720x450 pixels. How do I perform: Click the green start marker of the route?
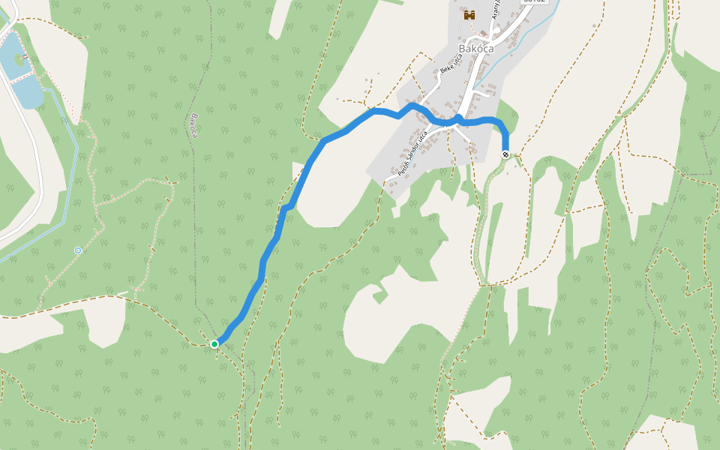(214, 343)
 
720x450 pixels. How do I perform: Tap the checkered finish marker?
(506, 154)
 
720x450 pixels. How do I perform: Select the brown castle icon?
(470, 14)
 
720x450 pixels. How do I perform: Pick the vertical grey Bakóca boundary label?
(193, 125)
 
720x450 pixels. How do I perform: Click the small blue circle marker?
(78, 250)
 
